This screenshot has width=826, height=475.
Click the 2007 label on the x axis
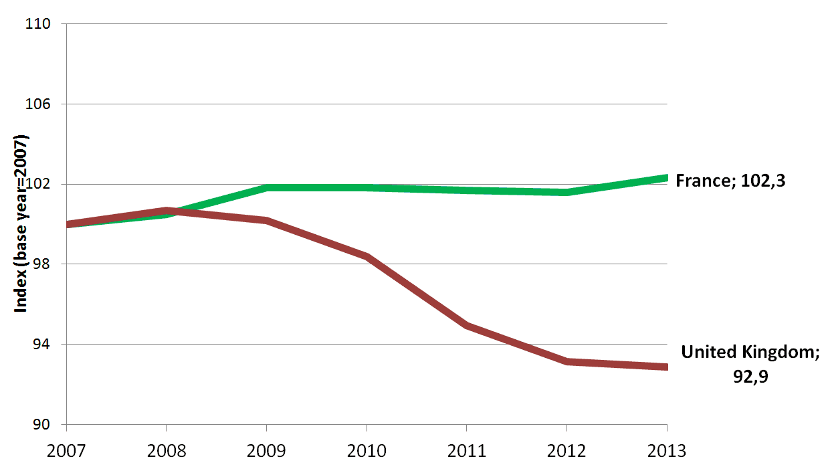coord(66,450)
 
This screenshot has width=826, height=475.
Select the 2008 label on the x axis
coord(166,450)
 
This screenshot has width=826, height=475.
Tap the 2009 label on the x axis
coord(266,450)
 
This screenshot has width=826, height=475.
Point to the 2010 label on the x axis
coord(367,450)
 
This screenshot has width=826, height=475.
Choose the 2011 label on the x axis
coord(466,450)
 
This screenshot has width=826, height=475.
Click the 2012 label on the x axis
coord(566,450)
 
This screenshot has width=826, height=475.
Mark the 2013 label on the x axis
coord(666,450)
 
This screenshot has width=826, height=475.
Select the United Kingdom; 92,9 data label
coord(749,364)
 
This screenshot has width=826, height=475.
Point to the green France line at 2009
coord(266,188)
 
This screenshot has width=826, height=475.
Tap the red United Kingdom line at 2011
coord(466,325)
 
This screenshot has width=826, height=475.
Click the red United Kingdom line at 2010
coord(367,256)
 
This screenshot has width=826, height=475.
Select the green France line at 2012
coord(566,192)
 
